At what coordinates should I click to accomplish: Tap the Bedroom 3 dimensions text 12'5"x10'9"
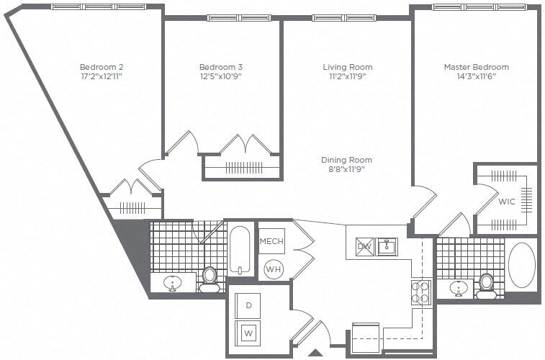pos(220,76)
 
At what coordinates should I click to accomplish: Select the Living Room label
pos(347,67)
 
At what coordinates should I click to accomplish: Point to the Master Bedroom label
pos(476,67)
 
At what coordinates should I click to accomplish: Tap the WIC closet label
pos(507,202)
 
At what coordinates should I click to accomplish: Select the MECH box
pos(271,240)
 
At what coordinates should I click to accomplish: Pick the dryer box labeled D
pos(248,305)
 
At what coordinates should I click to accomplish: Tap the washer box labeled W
pos(248,333)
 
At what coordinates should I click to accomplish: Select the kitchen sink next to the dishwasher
pos(387,246)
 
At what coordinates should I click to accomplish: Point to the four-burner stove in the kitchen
pos(420,292)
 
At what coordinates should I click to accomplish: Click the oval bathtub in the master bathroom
pos(522,265)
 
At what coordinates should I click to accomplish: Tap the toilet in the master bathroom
pos(487,285)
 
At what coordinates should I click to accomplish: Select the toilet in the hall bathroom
pos(210,279)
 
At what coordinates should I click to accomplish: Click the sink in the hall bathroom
pos(173,284)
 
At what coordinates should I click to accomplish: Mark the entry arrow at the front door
pos(315,353)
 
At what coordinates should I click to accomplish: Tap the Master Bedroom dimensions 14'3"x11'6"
pos(476,76)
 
